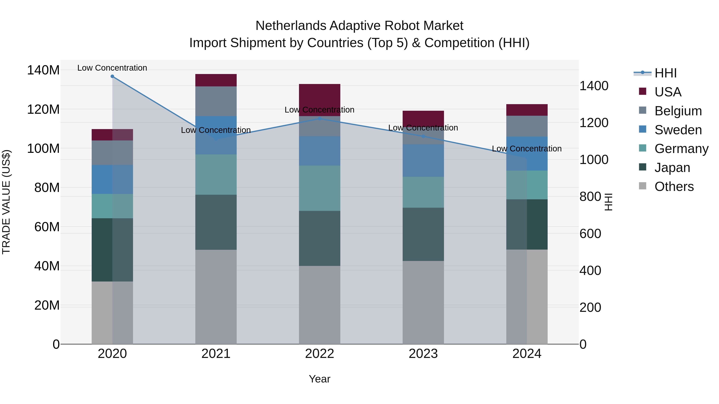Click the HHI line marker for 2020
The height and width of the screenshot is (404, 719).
(x=112, y=76)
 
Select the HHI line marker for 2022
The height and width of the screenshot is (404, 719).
(x=320, y=119)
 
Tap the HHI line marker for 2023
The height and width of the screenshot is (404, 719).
(x=423, y=136)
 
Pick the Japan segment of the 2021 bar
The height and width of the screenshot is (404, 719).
(x=216, y=222)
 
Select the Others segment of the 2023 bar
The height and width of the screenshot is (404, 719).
(x=423, y=302)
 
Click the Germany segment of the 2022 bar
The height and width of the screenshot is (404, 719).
(x=320, y=188)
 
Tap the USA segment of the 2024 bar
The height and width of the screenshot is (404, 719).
(x=527, y=110)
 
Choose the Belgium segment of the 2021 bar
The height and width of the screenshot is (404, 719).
(x=216, y=101)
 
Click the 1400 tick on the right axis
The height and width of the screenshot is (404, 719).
(x=594, y=86)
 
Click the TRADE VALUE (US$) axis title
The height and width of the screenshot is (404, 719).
(x=6, y=202)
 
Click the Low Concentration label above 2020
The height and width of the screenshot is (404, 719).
(x=112, y=68)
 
